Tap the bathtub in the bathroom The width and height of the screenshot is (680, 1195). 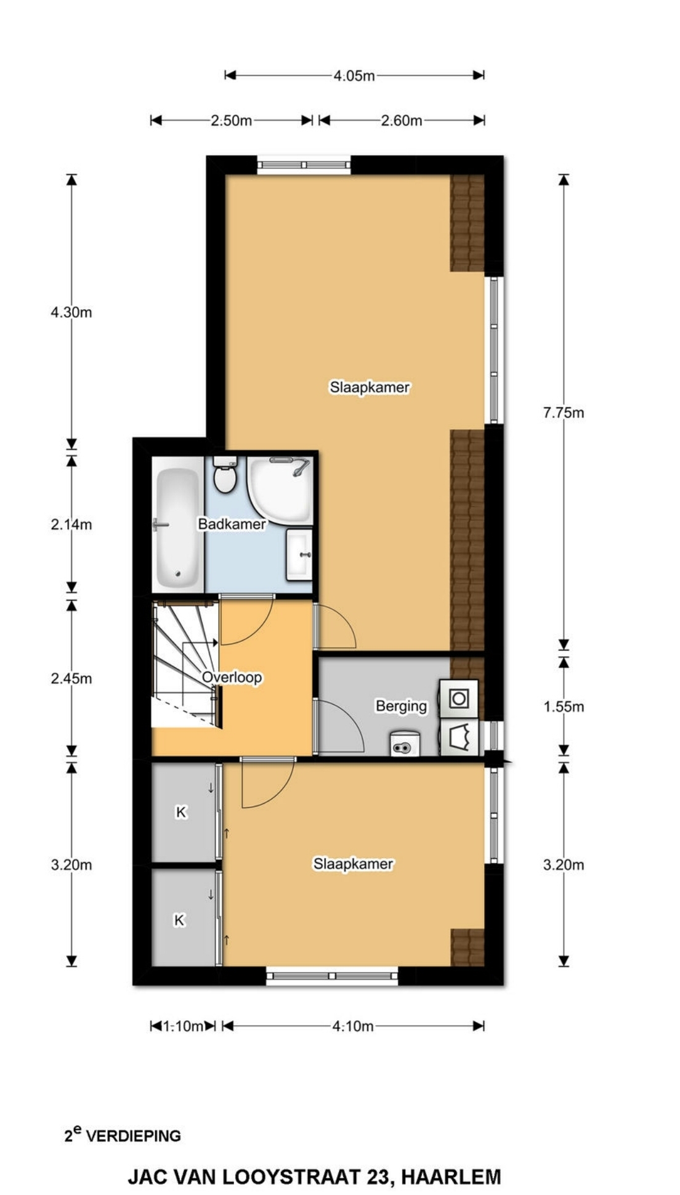point(177,528)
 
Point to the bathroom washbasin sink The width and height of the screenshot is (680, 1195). point(299,554)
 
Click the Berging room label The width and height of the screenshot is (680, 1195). point(401,706)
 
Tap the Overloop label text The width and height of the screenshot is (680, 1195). point(232,678)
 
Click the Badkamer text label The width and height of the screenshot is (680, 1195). point(232,524)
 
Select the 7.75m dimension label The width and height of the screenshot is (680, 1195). point(563,413)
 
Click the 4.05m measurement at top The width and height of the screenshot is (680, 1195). point(354,76)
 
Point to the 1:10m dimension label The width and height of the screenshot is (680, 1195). point(183,1026)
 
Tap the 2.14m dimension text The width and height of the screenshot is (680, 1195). point(71,525)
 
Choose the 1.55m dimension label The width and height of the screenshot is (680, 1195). point(563,707)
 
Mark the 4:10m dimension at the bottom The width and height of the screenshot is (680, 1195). point(353,1026)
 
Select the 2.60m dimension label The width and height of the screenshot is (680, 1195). point(402,121)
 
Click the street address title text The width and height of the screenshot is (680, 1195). point(314,1177)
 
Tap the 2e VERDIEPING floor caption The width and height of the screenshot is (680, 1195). point(123,1134)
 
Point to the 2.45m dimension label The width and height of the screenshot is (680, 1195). point(71,679)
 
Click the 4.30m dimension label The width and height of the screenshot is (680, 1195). point(71,312)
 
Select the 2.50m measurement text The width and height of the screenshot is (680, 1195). point(231,121)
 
